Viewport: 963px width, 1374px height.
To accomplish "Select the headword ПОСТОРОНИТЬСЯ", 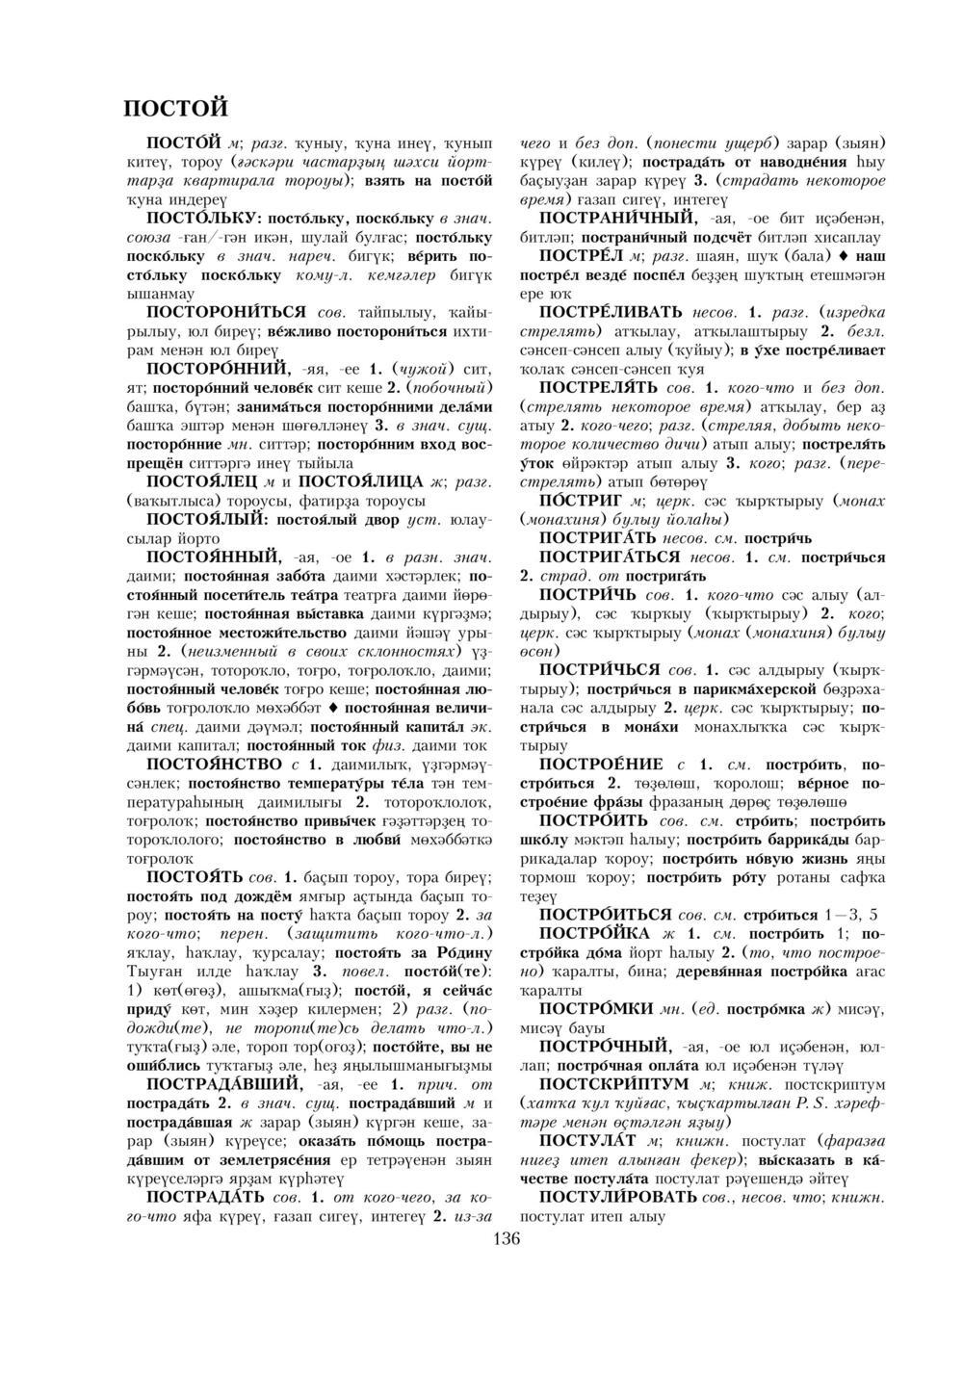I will [225, 314].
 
